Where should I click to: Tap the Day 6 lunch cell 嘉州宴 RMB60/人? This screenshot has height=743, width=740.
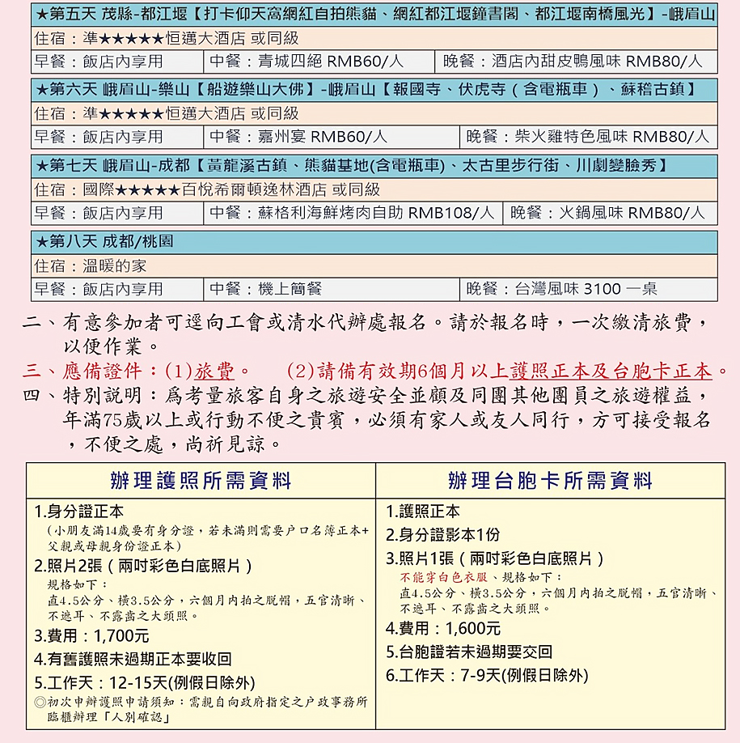[331, 137]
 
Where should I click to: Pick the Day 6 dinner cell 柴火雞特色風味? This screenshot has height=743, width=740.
[588, 137]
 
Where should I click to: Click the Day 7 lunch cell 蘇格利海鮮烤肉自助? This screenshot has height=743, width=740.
[353, 213]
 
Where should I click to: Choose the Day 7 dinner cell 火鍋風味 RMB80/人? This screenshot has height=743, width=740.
[610, 213]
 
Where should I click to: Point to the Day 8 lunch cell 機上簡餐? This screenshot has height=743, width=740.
[331, 289]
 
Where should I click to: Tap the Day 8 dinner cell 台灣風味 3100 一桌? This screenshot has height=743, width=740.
[588, 289]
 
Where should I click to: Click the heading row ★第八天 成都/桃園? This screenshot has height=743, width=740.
[105, 242]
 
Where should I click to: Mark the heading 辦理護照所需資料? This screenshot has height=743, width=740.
[201, 481]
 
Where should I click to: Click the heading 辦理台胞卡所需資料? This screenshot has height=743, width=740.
[550, 481]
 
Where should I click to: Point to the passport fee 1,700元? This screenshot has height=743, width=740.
[91, 636]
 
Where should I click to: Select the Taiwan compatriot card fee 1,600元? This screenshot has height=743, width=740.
[443, 628]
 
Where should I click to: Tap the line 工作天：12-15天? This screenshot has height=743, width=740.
[145, 681]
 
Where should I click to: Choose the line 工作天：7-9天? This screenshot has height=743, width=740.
[487, 675]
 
